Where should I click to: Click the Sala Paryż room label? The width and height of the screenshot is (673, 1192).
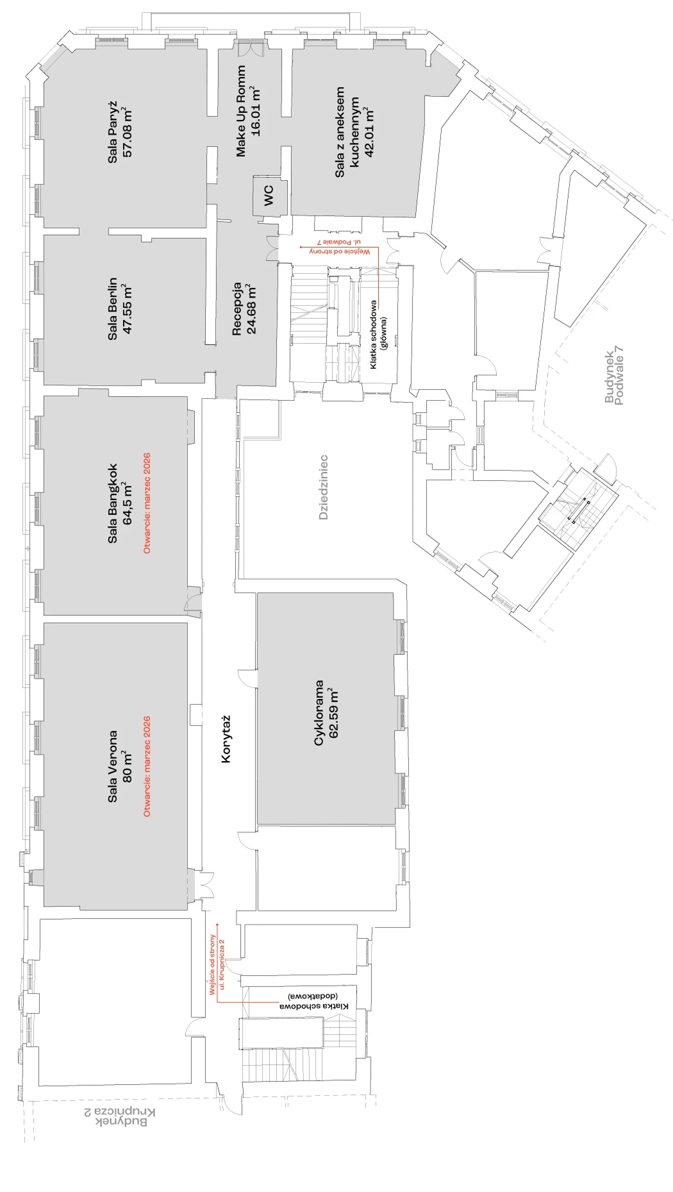113,131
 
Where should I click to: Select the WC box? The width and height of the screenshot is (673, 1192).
269,195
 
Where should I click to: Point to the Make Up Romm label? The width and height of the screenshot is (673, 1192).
241,111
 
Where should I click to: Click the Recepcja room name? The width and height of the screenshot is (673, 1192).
237,309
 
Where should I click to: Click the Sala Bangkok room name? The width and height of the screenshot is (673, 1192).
113,503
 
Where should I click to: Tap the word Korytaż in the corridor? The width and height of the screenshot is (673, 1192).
226,739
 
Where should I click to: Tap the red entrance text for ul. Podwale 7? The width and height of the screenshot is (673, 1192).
344,247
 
